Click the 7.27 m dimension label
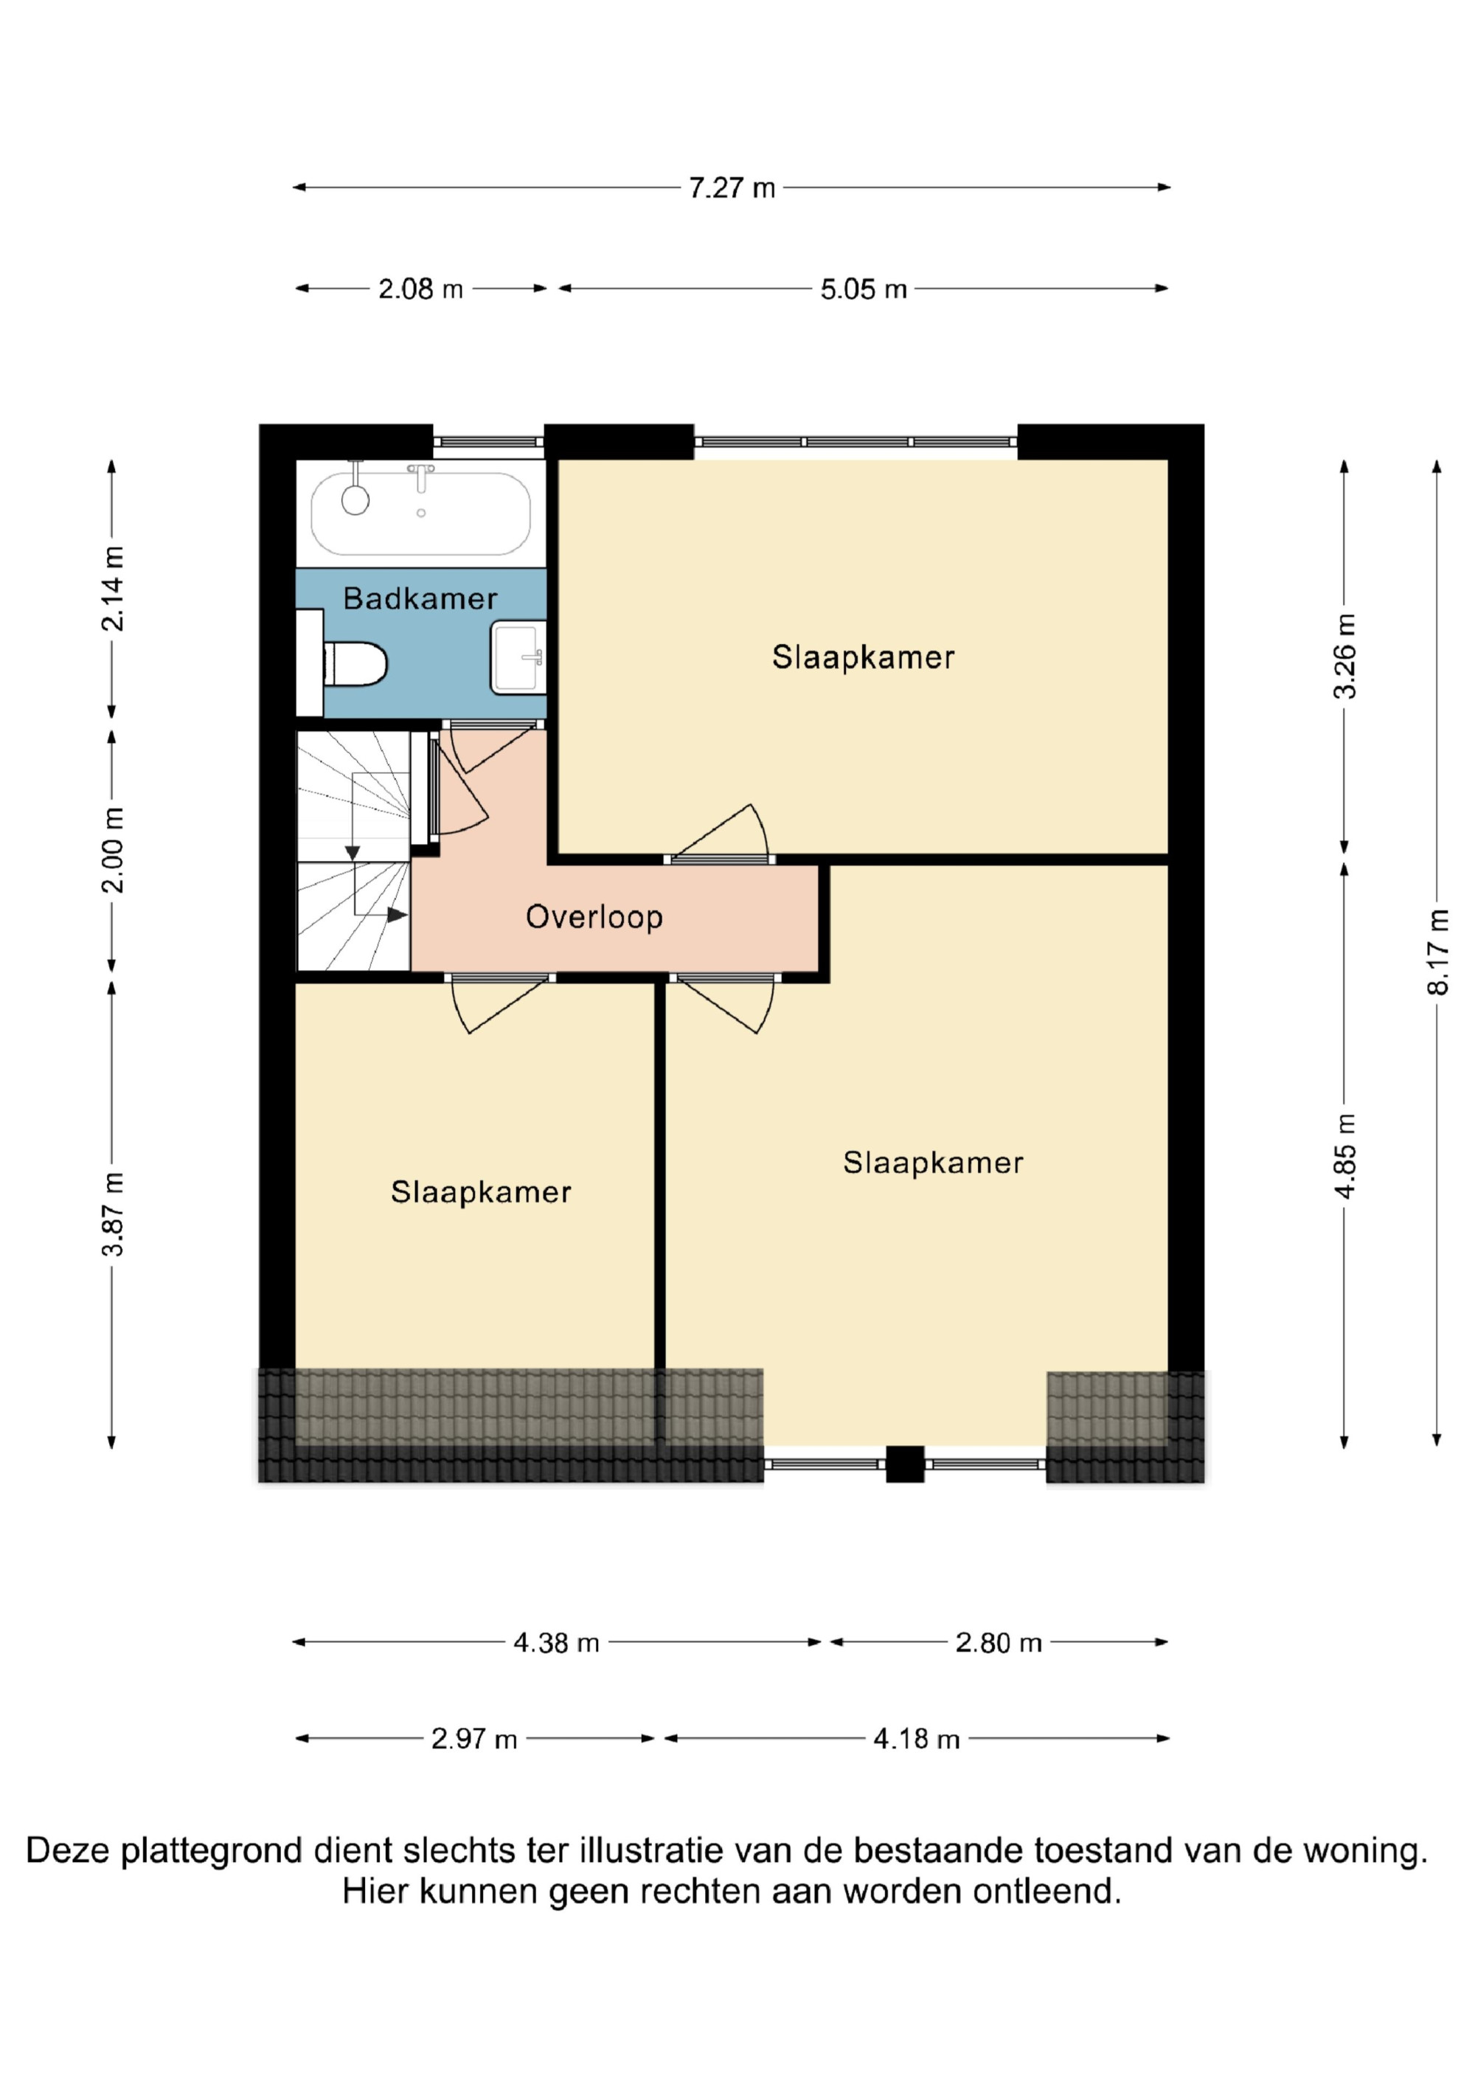[732, 188]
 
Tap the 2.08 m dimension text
[421, 289]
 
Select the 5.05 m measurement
[864, 289]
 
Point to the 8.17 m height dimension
[1437, 952]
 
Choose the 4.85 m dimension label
[1344, 1156]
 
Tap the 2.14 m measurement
[113, 589]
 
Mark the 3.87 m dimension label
[113, 1214]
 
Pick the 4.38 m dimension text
[556, 1642]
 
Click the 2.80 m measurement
[998, 1642]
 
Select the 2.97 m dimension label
[473, 1739]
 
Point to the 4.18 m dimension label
[916, 1739]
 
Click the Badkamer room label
[420, 598]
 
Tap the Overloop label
[594, 916]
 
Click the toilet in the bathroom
[355, 665]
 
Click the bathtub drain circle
[421, 513]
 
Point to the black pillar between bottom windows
[904, 1464]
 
